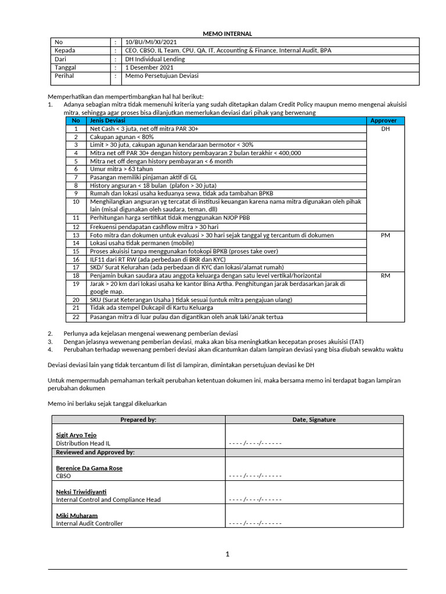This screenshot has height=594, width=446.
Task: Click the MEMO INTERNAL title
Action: point(227,34)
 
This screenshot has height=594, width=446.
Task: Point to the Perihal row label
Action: point(64,75)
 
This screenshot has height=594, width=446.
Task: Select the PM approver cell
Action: point(385,236)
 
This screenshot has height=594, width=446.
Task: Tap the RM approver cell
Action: point(385,276)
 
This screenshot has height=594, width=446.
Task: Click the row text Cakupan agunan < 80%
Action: point(122,136)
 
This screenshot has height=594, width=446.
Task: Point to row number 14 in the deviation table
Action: point(75,244)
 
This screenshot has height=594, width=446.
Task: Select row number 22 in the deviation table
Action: point(75,317)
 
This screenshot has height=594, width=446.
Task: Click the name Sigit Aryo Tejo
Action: point(76,435)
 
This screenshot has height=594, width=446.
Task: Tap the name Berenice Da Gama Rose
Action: point(89,468)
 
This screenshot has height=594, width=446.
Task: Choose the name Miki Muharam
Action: point(77,515)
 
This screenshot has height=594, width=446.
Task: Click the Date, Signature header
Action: point(314,419)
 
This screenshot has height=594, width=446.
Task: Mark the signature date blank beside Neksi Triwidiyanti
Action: point(255,499)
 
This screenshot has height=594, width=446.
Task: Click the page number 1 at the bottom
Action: point(228,555)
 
